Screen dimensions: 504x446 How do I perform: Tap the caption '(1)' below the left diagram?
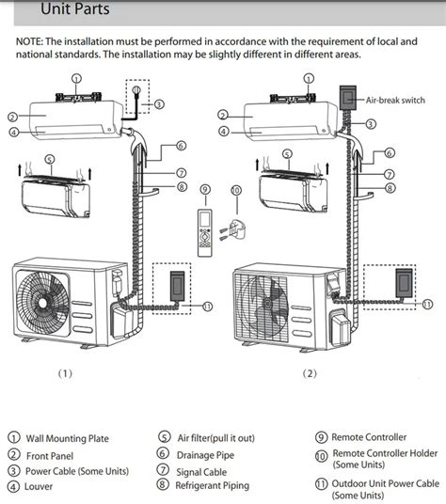[x=64, y=372]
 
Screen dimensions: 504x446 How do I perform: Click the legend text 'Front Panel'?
[x=53, y=454]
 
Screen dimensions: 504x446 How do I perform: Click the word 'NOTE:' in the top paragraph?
[x=34, y=42]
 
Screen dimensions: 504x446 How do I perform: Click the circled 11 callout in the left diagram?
[x=207, y=307]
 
